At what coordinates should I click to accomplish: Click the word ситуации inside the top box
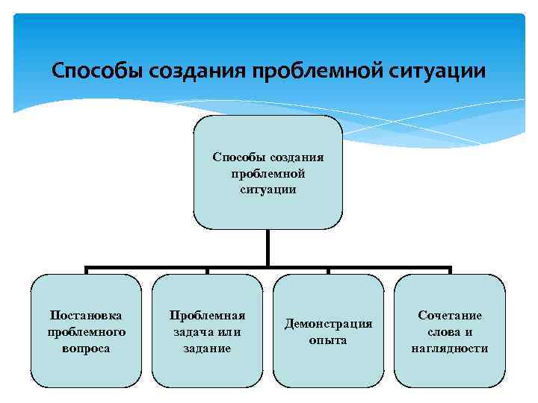pyautogui.click(x=268, y=190)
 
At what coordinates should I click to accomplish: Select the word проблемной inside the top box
pyautogui.click(x=268, y=173)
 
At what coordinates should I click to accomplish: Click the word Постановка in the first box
pyautogui.click(x=86, y=316)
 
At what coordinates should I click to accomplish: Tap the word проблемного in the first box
pyautogui.click(x=86, y=331)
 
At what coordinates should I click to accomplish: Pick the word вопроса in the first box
pyautogui.click(x=86, y=348)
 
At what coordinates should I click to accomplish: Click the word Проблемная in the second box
pyautogui.click(x=207, y=316)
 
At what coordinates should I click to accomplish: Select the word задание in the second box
pyautogui.click(x=207, y=348)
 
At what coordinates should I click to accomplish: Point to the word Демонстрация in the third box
pyautogui.click(x=328, y=324)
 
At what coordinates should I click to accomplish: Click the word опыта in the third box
pyautogui.click(x=328, y=340)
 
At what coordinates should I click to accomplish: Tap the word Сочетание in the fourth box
pyautogui.click(x=449, y=316)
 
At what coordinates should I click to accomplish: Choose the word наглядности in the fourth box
pyautogui.click(x=449, y=348)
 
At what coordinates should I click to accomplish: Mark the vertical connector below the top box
pyautogui.click(x=268, y=248)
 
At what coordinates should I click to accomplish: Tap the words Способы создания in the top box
pyautogui.click(x=268, y=157)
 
